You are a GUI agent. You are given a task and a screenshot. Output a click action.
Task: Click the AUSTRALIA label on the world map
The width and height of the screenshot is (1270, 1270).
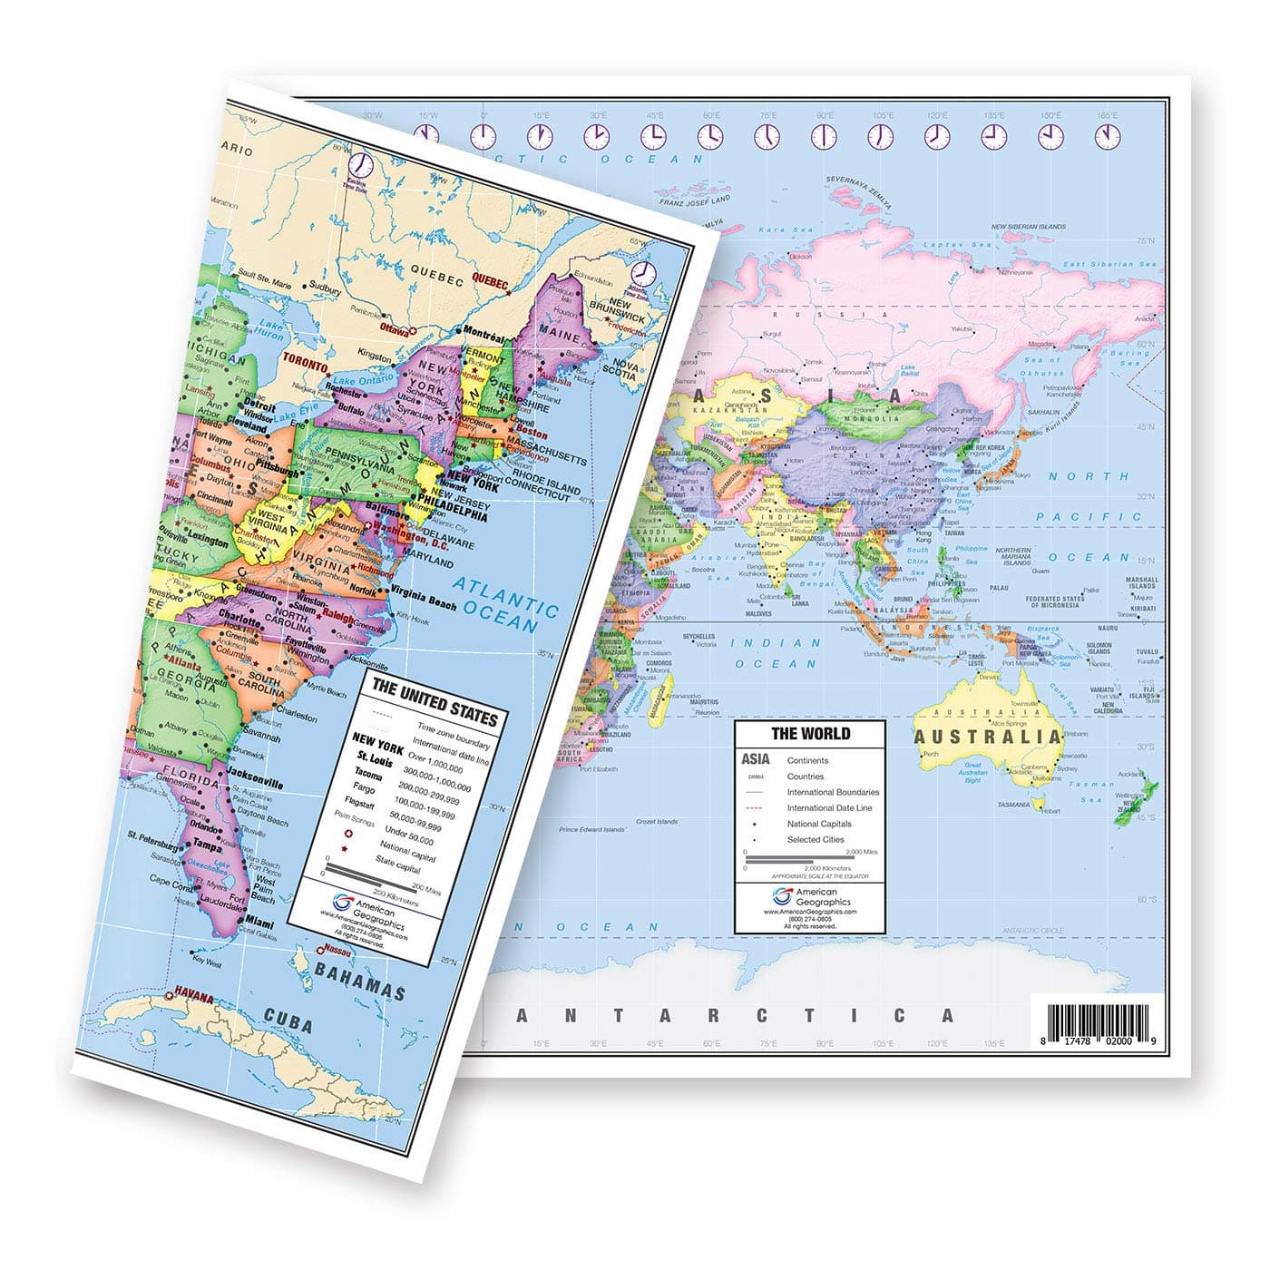[x=986, y=736]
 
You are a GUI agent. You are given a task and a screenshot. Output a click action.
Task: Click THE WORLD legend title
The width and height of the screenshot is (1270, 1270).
[x=797, y=733]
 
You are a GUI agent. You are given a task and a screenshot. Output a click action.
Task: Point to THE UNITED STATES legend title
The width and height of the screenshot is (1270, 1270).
[x=435, y=701]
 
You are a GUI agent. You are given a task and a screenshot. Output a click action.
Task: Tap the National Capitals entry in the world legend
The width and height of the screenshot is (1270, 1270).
[x=819, y=824]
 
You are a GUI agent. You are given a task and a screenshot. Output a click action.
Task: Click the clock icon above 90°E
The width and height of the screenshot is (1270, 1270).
[x=824, y=136]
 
